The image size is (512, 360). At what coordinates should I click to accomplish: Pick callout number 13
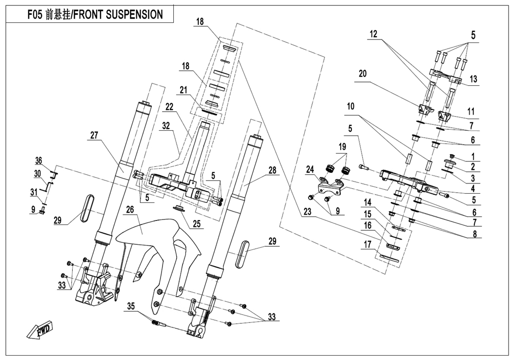[x=473, y=79]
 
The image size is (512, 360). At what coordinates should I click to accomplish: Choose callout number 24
[x=310, y=169]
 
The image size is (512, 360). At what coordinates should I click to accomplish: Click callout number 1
[x=473, y=157]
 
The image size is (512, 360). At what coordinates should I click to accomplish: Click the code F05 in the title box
[x=35, y=15]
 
